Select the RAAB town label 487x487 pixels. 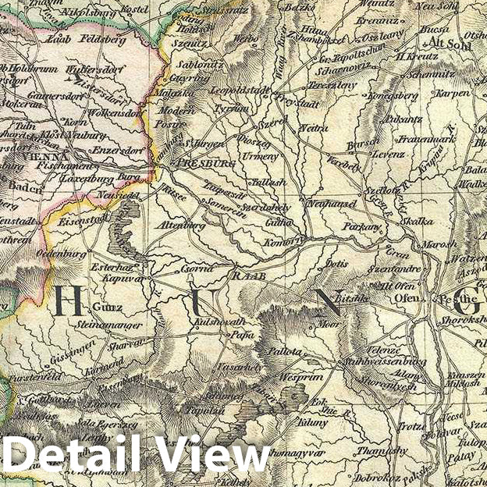click(245, 275)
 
